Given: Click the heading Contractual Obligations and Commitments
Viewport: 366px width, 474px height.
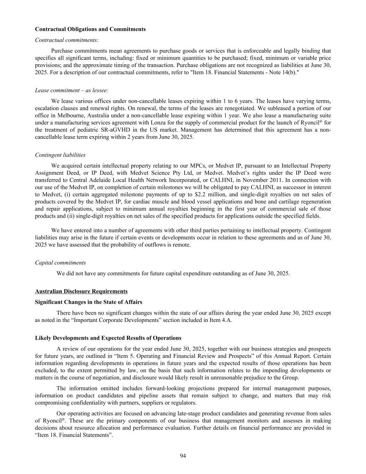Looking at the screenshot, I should click(90, 29).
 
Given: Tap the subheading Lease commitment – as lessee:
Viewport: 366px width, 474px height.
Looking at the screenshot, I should click(71, 90).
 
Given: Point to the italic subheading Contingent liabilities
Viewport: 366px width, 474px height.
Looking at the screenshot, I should click(60, 155).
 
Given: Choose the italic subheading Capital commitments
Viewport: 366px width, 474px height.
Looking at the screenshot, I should click(60, 263).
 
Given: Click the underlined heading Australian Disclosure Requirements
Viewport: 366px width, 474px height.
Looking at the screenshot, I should click(81, 291).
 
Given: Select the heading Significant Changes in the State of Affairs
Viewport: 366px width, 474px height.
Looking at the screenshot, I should click(88, 302).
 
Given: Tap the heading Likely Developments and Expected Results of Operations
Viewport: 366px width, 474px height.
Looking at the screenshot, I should click(108, 338).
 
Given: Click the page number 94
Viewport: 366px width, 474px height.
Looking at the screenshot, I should click(183, 456).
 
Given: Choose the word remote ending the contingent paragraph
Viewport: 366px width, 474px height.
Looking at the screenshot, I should click(182, 245).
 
